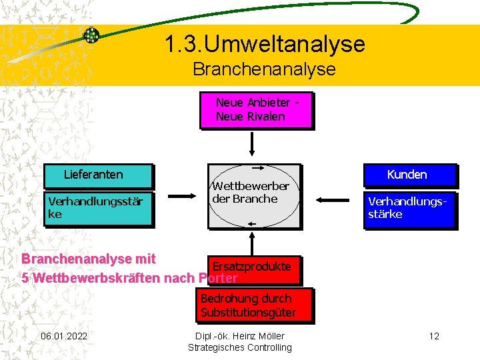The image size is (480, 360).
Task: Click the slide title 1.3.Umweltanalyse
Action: coord(265,44)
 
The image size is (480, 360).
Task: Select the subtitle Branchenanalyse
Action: coord(264,69)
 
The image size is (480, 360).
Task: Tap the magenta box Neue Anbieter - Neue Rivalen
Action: coord(257,110)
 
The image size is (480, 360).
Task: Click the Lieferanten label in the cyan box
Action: coord(93,175)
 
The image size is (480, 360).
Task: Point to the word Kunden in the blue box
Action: coord(407,175)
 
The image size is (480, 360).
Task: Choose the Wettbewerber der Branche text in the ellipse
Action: coord(250,193)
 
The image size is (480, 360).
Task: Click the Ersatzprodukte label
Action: coord(251,267)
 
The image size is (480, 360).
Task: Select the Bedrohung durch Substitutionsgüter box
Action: coord(248,305)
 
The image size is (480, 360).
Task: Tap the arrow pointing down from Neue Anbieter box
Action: coord(253,143)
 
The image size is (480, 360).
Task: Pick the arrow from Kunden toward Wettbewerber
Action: coord(333,199)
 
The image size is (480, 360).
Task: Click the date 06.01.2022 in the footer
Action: coord(64,335)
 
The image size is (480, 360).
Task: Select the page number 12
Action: coord(434,335)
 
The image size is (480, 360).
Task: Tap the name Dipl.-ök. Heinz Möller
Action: coord(240,335)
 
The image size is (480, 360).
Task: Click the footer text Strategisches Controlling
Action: coord(240,347)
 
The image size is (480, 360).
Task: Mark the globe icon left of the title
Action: coord(91,35)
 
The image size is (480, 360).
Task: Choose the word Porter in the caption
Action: coord(218,278)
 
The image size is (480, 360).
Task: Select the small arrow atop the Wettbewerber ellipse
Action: coord(255,168)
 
